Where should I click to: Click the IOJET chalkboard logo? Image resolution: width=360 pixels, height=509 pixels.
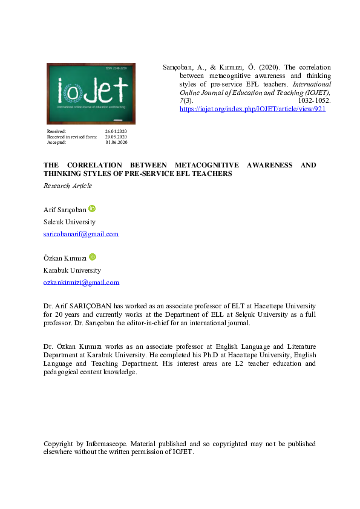coord(91,94)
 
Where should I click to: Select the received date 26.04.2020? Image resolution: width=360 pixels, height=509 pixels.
coord(116,131)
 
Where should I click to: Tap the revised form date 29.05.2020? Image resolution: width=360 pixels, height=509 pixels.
coord(116,137)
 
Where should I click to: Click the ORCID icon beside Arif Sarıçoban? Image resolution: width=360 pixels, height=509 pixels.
coord(92,209)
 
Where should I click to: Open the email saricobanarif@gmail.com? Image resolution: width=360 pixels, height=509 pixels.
coord(81,234)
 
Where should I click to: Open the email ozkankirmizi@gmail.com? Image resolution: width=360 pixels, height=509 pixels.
coord(81,282)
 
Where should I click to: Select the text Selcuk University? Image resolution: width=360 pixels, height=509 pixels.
coord(70,222)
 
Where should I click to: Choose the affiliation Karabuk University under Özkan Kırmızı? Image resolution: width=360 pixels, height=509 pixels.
coord(72,270)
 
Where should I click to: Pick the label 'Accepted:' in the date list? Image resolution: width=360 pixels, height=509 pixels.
coord(56,143)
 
